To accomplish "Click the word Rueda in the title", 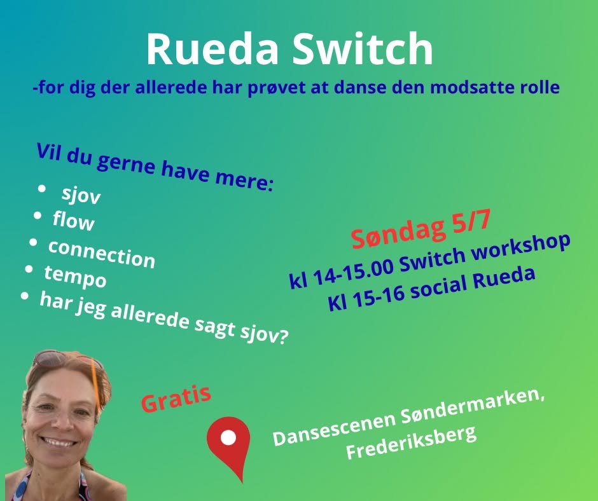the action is [x=212, y=50].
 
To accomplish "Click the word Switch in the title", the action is [x=363, y=48].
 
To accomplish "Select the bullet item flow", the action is [x=73, y=221].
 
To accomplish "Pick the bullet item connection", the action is [x=101, y=254].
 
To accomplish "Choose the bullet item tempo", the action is [x=75, y=277].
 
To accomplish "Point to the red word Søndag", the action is [x=398, y=233].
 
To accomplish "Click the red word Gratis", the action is [x=176, y=398].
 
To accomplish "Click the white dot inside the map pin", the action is [x=228, y=437].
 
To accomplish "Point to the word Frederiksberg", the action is [x=411, y=443].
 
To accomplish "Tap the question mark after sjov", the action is [x=282, y=337].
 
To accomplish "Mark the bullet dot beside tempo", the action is [x=29, y=269].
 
